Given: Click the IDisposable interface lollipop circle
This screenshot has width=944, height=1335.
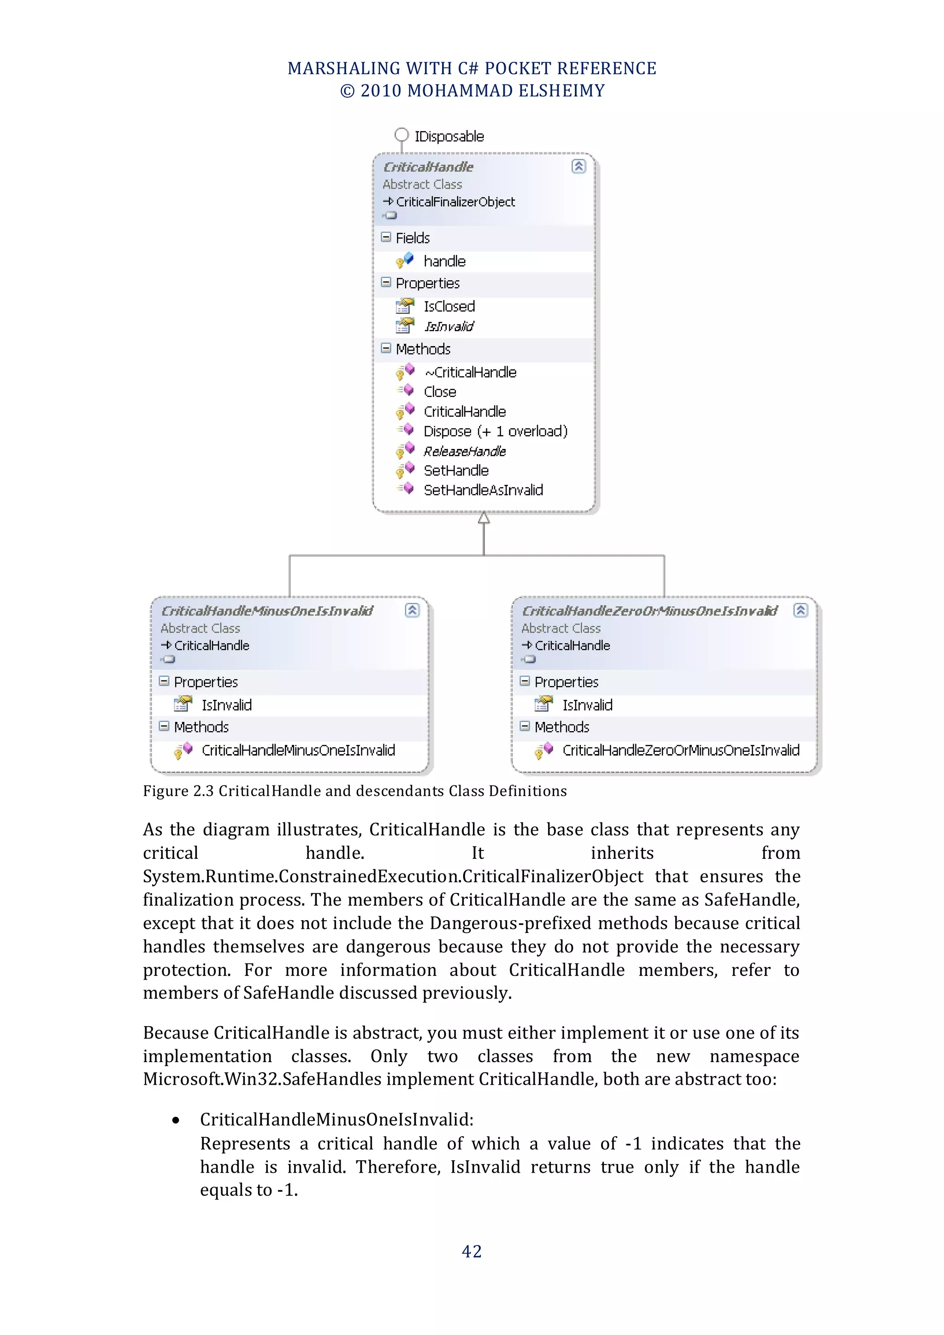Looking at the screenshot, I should [401, 135].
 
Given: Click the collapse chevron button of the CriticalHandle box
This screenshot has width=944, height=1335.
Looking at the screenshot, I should [578, 166].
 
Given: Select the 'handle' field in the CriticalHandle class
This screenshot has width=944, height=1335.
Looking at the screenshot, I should [444, 261].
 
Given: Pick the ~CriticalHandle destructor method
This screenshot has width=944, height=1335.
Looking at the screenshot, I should [470, 372].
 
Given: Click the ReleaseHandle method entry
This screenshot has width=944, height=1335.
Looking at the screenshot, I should [465, 451].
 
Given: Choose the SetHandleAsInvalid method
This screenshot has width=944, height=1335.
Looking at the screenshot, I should [483, 490].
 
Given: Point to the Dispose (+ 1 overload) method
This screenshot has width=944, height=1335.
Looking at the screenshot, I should [495, 431].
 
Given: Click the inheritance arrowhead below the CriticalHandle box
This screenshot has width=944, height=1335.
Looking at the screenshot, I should [484, 518].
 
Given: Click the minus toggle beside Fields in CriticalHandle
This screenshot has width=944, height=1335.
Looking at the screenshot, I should [386, 237].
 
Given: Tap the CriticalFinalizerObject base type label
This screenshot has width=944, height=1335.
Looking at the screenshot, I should [455, 202].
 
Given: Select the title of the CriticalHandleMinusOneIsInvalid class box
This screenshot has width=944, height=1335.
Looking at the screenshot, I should [267, 610].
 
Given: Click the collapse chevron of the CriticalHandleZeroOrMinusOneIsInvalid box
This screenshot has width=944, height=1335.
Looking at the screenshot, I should [801, 610].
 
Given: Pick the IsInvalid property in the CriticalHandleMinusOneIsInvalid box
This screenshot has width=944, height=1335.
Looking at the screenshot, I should [226, 705].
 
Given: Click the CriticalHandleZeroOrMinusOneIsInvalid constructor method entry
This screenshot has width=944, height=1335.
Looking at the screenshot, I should [681, 750].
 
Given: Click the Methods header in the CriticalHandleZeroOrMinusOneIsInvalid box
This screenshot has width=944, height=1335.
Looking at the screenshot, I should [561, 727].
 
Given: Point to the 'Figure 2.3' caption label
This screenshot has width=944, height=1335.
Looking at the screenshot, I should [179, 791].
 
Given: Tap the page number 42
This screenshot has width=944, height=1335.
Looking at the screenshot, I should [472, 1251].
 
